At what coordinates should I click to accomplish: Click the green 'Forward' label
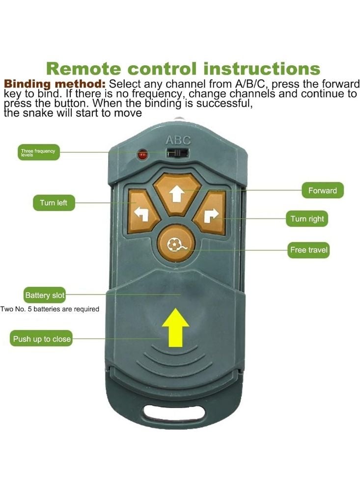point(322,191)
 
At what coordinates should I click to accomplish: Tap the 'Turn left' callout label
point(54,202)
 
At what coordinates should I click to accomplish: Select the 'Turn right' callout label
point(307,219)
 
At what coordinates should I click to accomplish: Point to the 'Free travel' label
point(308,250)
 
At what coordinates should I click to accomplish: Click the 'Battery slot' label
point(45,295)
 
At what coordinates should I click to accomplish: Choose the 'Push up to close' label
point(42,339)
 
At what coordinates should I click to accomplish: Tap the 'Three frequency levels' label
point(38,152)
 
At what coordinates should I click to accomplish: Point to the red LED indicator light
point(143,155)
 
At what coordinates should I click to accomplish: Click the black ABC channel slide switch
point(178,153)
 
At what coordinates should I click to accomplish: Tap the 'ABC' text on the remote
point(178,141)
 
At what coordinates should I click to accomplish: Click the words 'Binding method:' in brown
point(55,83)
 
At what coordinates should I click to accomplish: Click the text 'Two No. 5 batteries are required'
point(50,309)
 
